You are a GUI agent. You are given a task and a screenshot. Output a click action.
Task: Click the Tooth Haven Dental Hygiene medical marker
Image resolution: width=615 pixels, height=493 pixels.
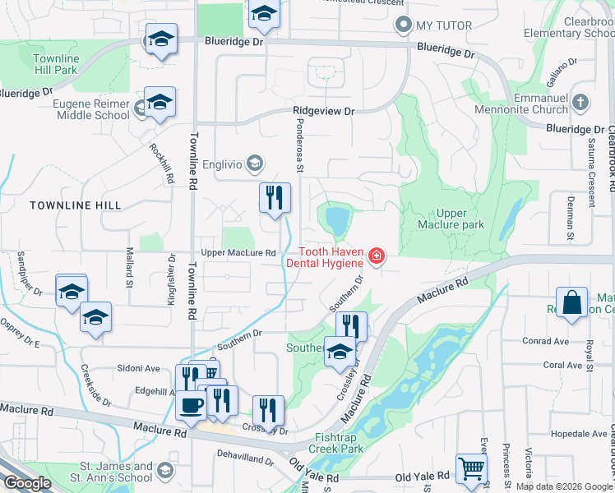click(377, 257)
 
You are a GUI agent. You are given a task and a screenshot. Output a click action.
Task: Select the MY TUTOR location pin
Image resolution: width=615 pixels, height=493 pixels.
click(403, 25)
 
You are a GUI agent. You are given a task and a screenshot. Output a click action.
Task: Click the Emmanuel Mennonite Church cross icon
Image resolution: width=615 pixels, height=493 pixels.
click(580, 103)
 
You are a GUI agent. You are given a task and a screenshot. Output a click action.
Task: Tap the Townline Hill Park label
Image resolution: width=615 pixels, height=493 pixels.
click(57, 65)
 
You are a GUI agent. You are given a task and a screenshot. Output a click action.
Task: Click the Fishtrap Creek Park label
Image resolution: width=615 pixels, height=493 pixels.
click(336, 443)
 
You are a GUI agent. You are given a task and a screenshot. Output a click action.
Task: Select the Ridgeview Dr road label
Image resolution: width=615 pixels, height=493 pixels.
click(323, 111)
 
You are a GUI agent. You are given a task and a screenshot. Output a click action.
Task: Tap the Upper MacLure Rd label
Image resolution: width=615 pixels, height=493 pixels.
click(238, 253)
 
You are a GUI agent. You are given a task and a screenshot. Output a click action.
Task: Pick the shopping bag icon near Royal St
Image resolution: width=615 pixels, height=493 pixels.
click(571, 302)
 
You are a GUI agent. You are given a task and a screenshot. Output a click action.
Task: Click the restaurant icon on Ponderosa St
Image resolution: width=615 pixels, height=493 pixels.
click(275, 197)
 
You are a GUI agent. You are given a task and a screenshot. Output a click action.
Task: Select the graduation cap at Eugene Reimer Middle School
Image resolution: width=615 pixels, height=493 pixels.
click(160, 102)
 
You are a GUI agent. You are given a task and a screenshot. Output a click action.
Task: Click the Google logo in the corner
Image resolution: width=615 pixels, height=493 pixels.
click(27, 484)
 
